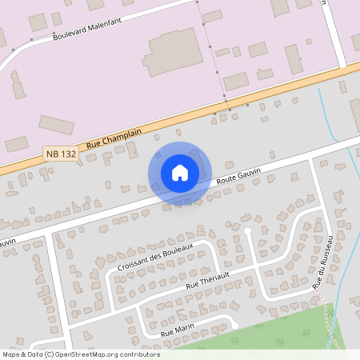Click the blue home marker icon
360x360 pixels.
point(179,172)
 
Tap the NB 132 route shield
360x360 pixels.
point(62,152)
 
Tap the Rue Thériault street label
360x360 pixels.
point(207,279)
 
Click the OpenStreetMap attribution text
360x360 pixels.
point(81,354)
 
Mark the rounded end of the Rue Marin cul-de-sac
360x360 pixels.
point(234,323)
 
